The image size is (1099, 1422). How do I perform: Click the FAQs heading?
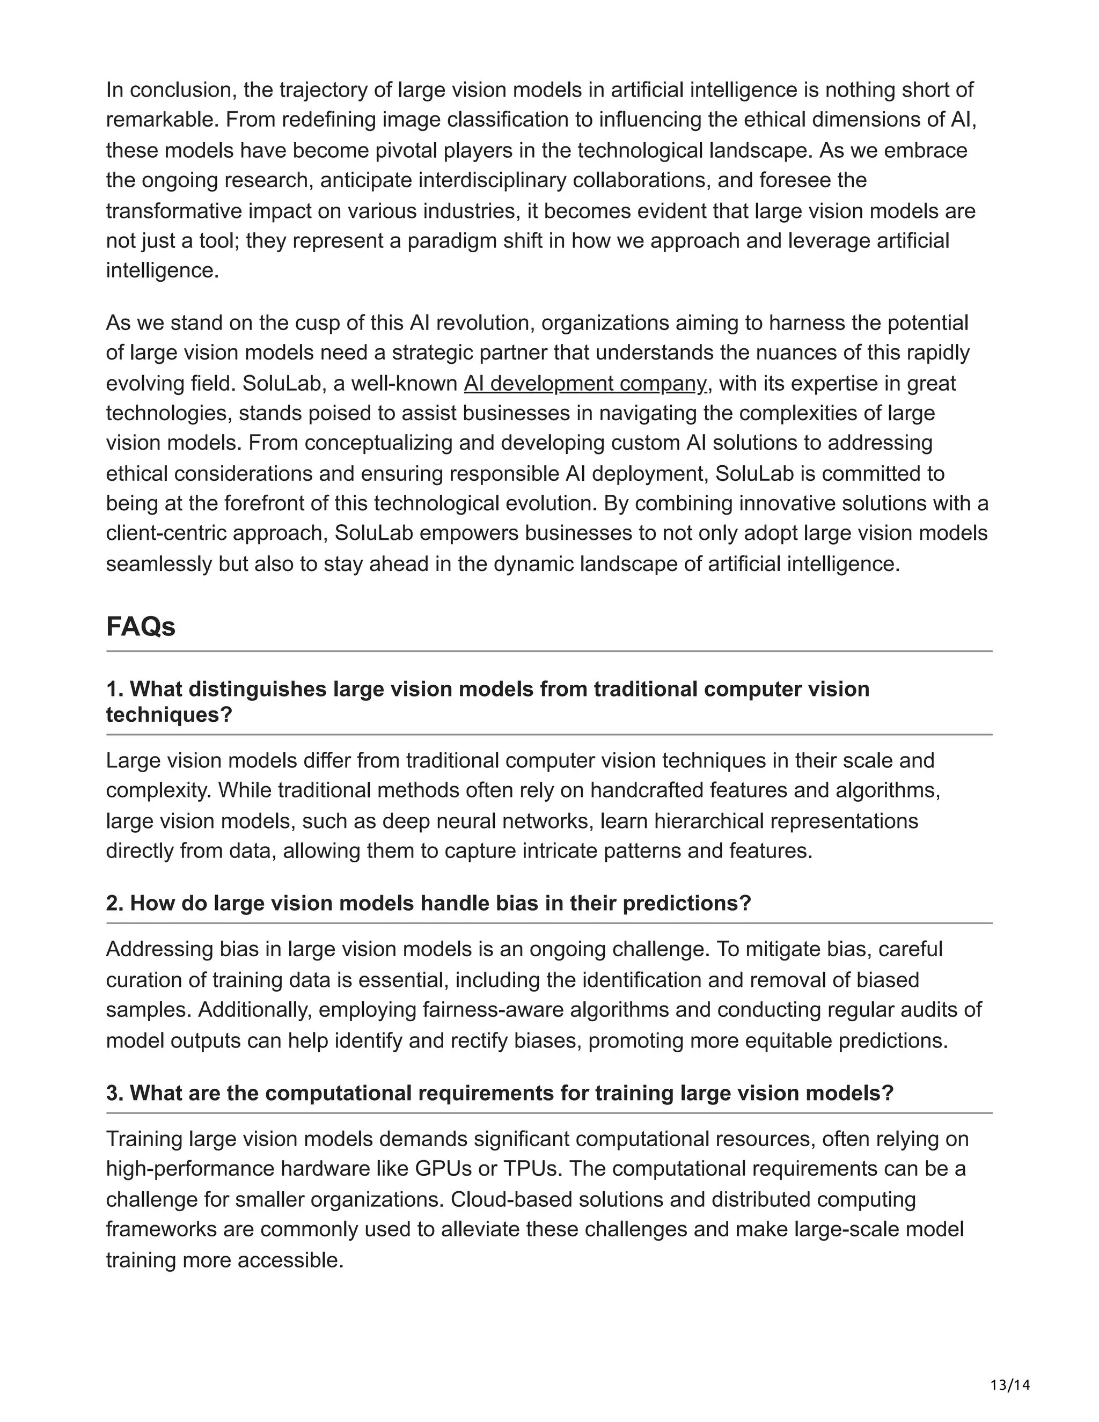pyautogui.click(x=141, y=627)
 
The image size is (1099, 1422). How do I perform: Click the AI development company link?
pyautogui.click(x=585, y=384)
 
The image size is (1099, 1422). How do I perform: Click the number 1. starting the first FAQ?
pyautogui.click(x=115, y=689)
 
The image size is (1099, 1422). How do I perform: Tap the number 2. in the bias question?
pyautogui.click(x=115, y=903)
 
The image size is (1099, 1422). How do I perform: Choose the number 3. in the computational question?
pyautogui.click(x=115, y=1093)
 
